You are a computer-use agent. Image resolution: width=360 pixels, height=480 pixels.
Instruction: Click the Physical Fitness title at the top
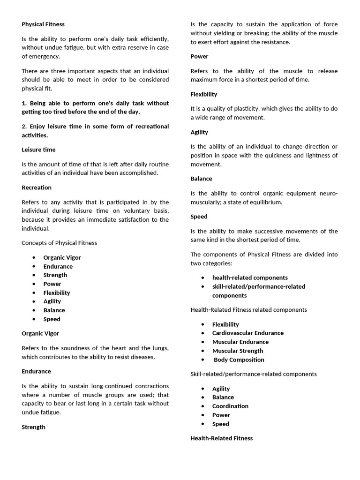(43, 24)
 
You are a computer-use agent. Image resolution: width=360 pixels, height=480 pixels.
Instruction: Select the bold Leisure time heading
(38, 150)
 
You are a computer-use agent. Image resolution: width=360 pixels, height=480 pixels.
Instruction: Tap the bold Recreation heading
(37, 187)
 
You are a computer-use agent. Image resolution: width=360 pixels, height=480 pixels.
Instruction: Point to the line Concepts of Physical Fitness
(59, 243)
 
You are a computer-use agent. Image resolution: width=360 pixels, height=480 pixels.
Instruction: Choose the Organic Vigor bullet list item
(62, 257)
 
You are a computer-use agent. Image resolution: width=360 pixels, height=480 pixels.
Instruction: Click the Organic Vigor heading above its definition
(40, 333)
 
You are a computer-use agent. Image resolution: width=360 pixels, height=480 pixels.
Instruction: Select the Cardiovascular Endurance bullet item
(247, 333)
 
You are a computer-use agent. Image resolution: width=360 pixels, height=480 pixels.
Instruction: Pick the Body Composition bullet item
(239, 360)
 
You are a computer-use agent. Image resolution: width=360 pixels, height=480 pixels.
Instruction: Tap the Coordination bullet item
(230, 406)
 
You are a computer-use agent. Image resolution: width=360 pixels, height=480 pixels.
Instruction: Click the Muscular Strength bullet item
(238, 351)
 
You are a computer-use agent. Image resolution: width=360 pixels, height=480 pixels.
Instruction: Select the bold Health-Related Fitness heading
(221, 438)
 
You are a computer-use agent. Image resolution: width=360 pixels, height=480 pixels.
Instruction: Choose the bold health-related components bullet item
(250, 277)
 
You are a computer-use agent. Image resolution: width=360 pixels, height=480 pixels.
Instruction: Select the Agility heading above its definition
(199, 132)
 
